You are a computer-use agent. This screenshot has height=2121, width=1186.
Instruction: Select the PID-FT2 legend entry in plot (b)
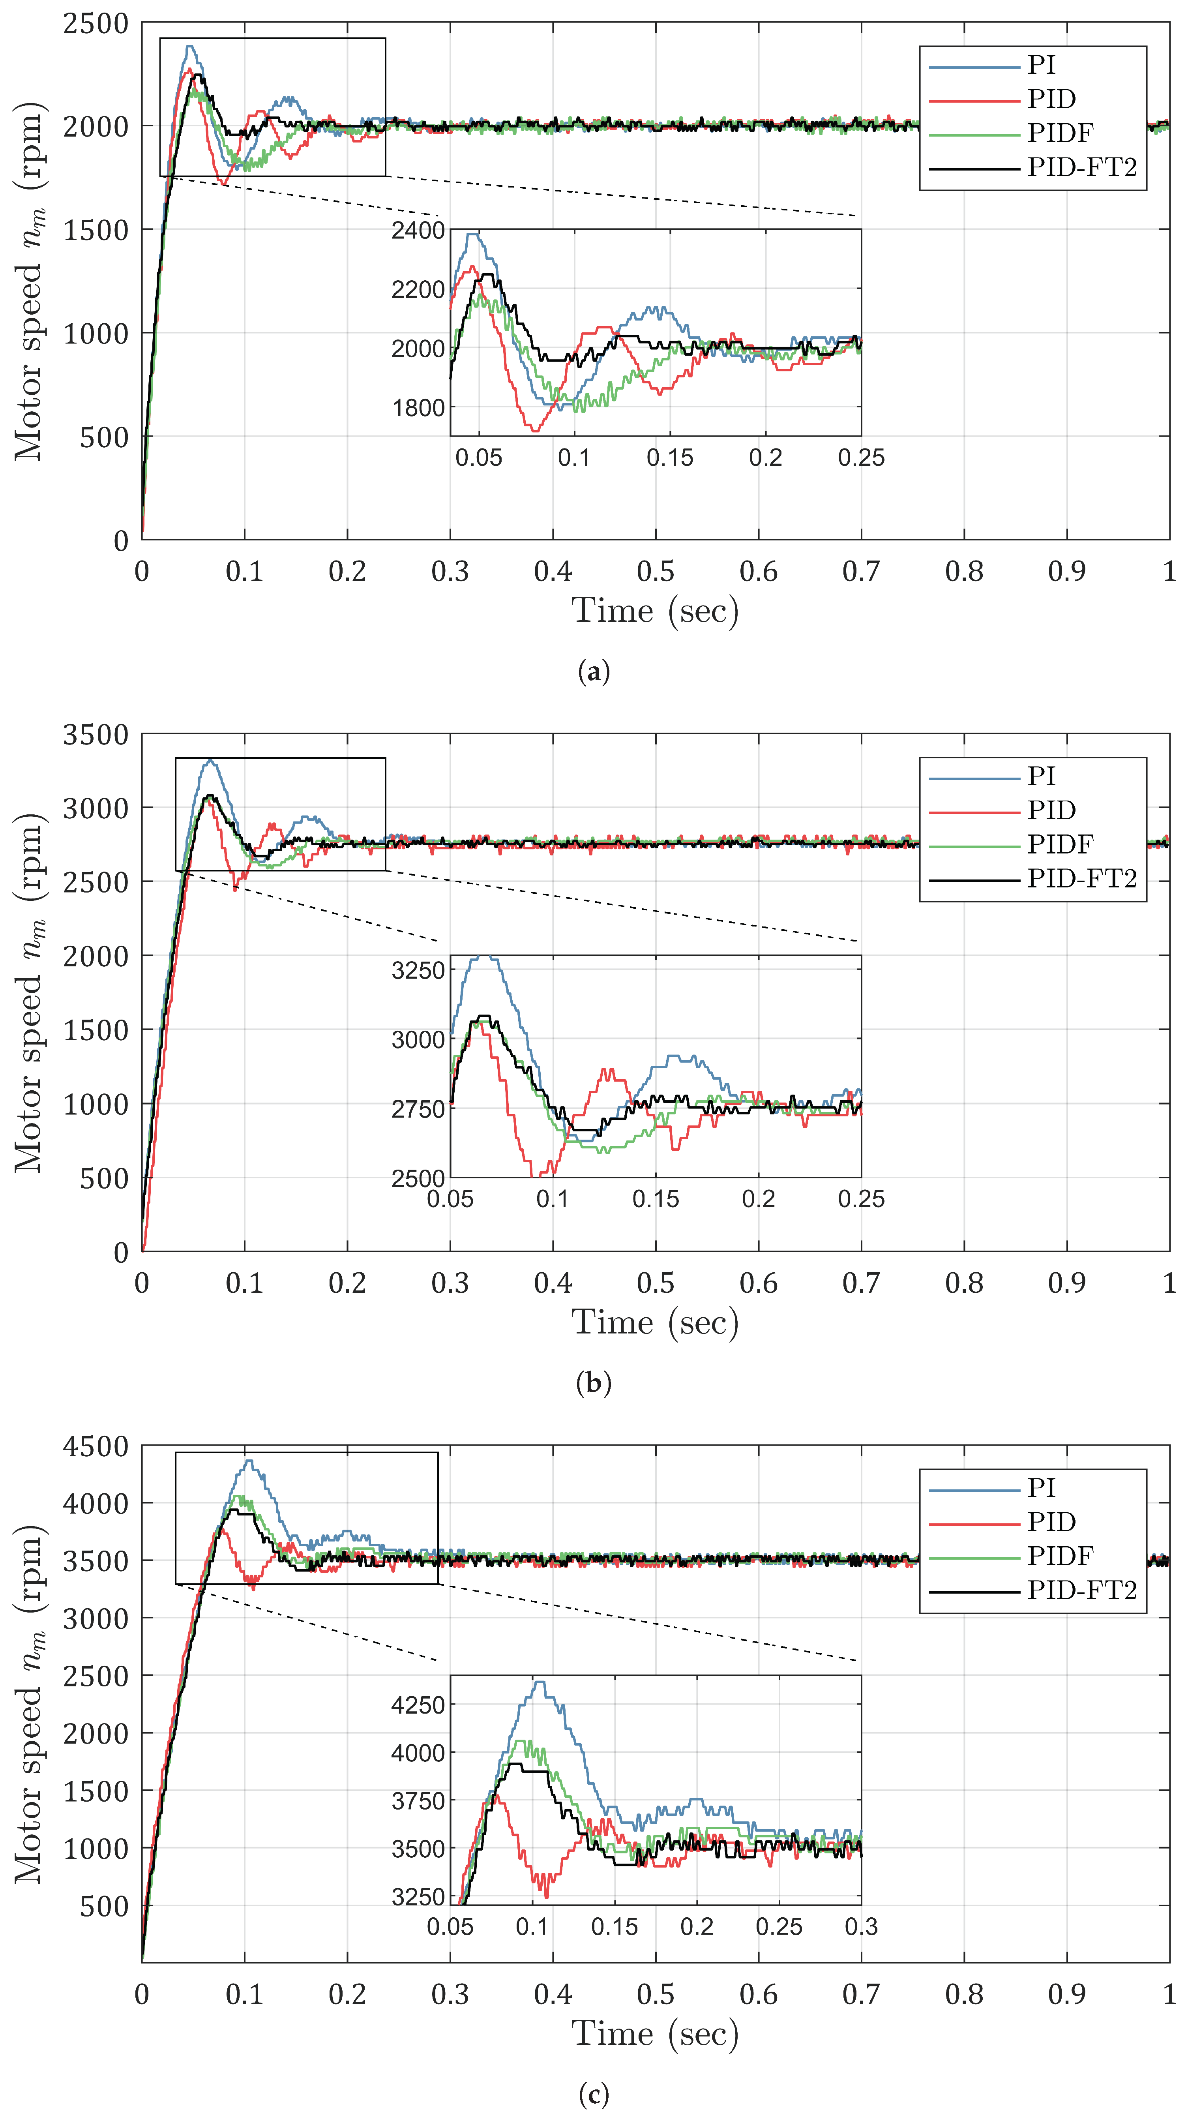click(1081, 879)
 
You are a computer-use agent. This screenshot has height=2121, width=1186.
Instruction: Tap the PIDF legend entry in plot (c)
click(1059, 1555)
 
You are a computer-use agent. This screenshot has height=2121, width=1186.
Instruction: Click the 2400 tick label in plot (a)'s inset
click(418, 231)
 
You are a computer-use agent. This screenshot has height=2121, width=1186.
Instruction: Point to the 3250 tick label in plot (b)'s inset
click(418, 970)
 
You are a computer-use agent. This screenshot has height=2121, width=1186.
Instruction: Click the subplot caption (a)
click(594, 672)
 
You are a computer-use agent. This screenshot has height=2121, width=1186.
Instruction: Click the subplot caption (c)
click(594, 2094)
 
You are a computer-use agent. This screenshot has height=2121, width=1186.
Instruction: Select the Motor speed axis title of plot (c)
click(30, 1705)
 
